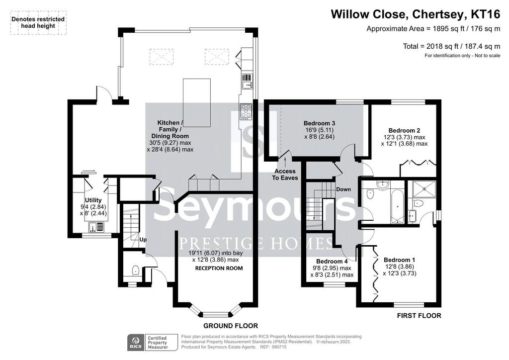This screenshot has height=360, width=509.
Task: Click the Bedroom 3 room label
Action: click(319, 123)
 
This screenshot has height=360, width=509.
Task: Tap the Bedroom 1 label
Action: click(399, 260)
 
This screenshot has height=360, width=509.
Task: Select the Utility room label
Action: click(93, 200)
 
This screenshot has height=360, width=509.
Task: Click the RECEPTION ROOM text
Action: click(219, 268)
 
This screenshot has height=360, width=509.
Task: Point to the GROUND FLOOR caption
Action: click(231, 326)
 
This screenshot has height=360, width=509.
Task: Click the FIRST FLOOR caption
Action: click(419, 316)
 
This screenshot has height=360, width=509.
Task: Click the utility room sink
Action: click(96, 227)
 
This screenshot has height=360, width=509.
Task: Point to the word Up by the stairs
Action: click(143, 240)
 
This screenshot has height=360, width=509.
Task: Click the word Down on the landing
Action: click(343, 189)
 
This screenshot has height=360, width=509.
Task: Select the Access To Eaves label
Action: click(285, 175)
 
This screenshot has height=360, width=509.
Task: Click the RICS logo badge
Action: click(135, 343)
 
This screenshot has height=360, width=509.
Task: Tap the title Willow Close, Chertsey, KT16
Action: click(416, 14)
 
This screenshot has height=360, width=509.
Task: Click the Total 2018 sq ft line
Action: click(451, 46)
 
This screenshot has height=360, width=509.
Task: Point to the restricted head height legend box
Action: click(38, 23)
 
